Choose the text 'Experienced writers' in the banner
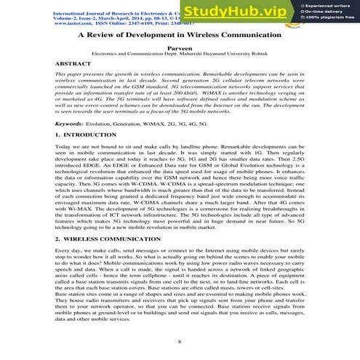pyautogui.click(x=328, y=5)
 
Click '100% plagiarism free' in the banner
pyautogui.click(x=329, y=17)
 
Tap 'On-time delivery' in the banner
pyautogui.click(x=326, y=12)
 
